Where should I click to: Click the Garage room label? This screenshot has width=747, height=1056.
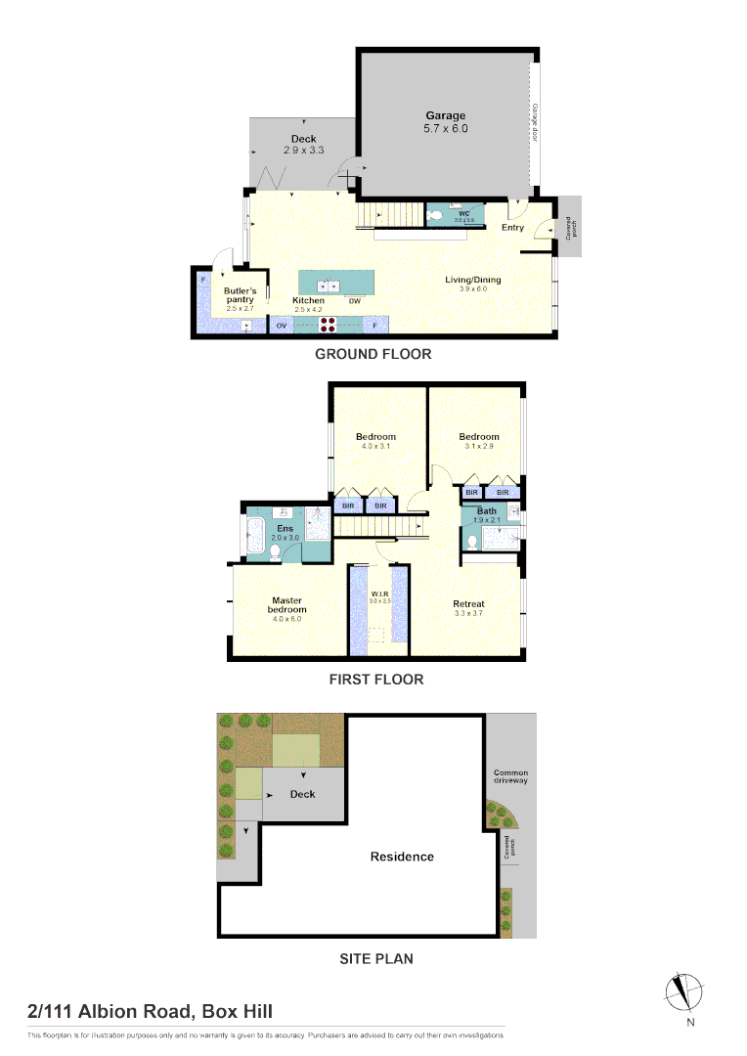445,116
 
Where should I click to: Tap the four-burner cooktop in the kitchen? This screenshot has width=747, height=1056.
328,326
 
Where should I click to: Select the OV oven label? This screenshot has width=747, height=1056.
282,326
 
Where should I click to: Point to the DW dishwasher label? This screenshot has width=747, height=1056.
355,301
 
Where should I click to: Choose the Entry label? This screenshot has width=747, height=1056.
512,228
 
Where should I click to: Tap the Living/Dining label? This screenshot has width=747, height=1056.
472,280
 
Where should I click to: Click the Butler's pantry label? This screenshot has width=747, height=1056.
240,295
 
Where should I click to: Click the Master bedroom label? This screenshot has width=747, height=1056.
286,605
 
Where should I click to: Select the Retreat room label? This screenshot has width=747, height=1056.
468,604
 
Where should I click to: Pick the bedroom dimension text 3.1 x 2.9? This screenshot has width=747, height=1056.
479,446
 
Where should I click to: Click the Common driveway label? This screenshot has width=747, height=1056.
510,776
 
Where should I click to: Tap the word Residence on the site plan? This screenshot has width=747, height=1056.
402,857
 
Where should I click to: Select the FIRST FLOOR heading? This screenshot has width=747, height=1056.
375,680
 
